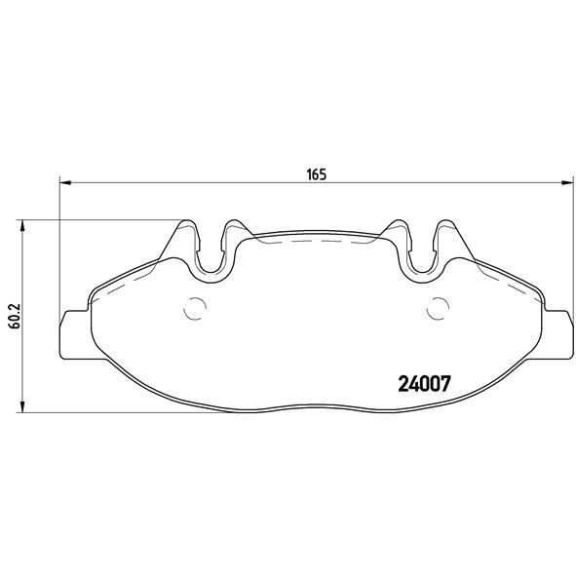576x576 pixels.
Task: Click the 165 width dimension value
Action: (315, 175)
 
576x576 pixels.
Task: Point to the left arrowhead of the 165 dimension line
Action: (65, 182)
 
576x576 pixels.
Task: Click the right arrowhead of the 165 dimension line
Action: (566, 182)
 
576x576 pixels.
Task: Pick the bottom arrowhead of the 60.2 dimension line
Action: (24, 408)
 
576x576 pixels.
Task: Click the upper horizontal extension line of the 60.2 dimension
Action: (97, 220)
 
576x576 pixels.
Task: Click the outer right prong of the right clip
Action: (449, 239)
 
